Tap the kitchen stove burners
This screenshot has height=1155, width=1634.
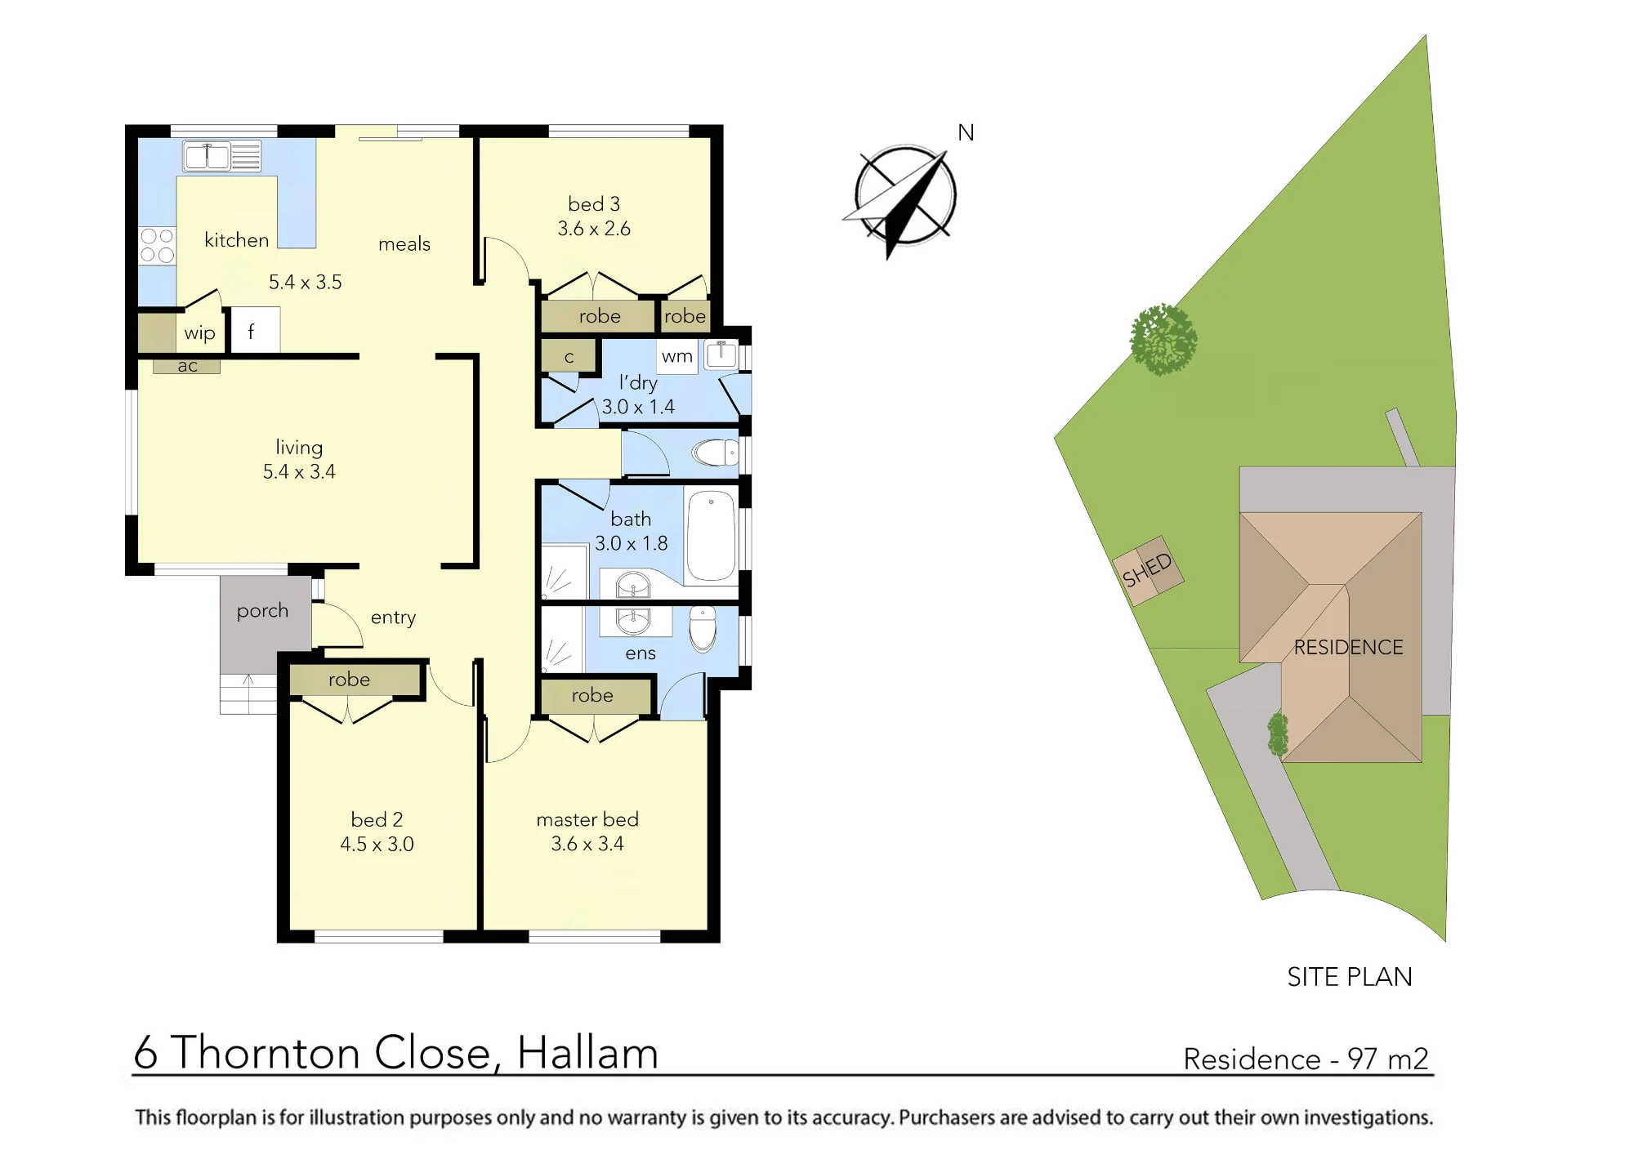[157, 245]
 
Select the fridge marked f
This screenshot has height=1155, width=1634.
[255, 330]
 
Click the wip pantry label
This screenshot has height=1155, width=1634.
[199, 333]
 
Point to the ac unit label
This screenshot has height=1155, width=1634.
[187, 366]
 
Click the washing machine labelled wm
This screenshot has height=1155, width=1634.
[677, 356]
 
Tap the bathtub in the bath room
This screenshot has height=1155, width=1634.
[712, 536]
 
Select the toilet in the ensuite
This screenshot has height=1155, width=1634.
[703, 628]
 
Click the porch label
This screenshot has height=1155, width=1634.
[262, 611]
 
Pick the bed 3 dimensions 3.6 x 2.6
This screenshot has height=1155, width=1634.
[594, 229]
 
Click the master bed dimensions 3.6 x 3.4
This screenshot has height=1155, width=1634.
[587, 844]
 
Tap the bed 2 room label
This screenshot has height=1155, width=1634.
[377, 819]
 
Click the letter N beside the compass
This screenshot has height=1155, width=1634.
[966, 132]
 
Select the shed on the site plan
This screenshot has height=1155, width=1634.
[1148, 570]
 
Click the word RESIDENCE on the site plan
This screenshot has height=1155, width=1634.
[1348, 648]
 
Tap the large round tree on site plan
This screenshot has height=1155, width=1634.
[1163, 339]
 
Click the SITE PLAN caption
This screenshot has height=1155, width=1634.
[1350, 977]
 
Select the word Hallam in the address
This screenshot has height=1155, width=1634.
[587, 1052]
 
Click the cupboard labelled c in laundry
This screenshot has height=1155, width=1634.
[569, 356]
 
